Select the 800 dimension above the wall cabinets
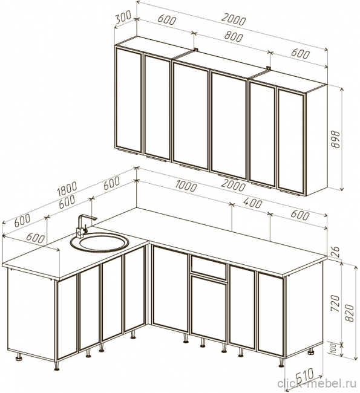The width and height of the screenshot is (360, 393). (234, 37)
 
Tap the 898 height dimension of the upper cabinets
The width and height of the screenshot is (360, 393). (335, 139)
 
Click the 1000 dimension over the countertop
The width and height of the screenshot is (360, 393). (186, 186)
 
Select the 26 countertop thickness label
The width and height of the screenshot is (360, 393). (335, 252)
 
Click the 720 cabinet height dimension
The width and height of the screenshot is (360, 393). (335, 303)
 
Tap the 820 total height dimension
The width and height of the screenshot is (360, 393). (349, 313)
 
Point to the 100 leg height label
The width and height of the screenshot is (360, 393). (333, 349)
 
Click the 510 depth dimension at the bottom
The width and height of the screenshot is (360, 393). (305, 375)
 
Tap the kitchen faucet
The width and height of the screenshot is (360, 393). (84, 226)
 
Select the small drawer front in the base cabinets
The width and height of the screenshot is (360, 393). (209, 267)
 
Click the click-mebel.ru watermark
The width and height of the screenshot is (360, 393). (316, 384)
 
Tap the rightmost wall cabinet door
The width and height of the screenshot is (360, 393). (292, 141)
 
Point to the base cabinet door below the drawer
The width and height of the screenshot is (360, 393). (209, 308)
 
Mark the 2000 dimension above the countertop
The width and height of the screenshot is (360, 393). (234, 186)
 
